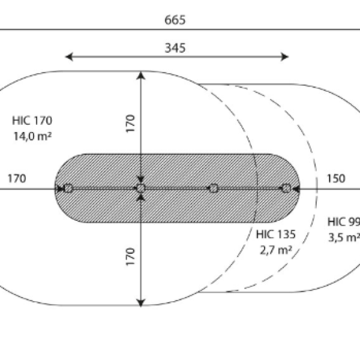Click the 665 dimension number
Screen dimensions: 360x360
click(175, 20)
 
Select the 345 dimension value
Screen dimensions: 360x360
click(175, 48)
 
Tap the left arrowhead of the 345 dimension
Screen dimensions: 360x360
click(69, 57)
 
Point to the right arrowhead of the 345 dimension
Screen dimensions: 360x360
click(285, 57)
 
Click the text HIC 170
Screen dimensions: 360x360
click(32, 121)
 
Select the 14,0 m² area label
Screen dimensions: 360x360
click(32, 136)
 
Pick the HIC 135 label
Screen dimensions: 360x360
click(276, 235)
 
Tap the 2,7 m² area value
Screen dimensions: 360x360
click(276, 250)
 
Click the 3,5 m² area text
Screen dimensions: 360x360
click(344, 238)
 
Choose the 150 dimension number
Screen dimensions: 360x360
click(336, 179)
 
